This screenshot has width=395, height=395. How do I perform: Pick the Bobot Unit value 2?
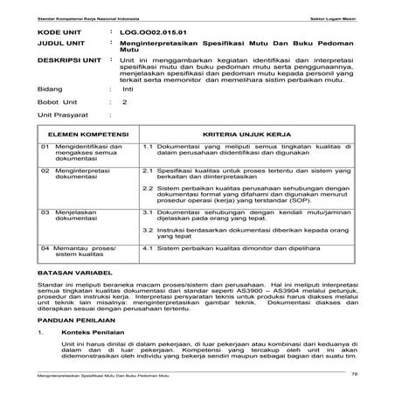coord(125,103)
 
